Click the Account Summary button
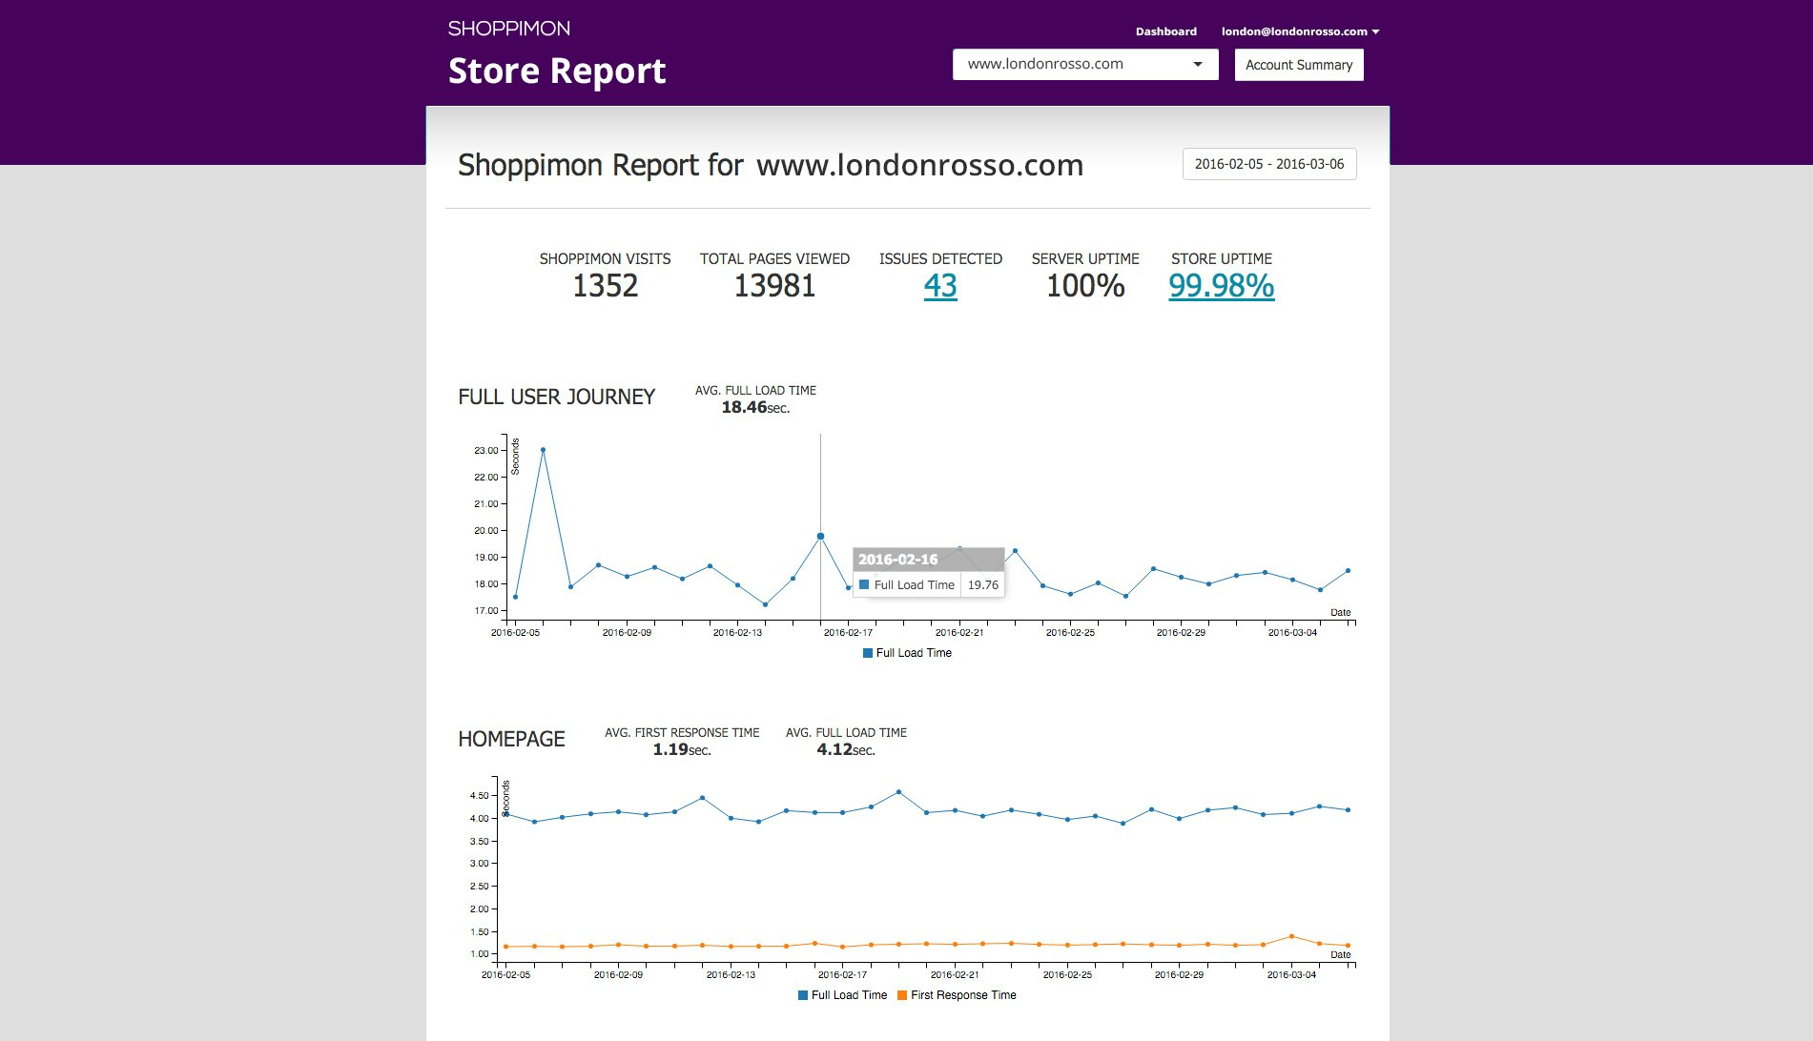pyautogui.click(x=1298, y=65)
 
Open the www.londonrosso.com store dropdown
pyautogui.click(x=1084, y=65)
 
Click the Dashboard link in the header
pyautogui.click(x=1165, y=31)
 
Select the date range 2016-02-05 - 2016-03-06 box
pyautogui.click(x=1268, y=164)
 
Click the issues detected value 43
pyautogui.click(x=940, y=286)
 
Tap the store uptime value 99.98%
pyautogui.click(x=1221, y=286)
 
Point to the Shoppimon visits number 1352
pyautogui.click(x=605, y=286)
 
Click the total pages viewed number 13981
pyautogui.click(x=774, y=286)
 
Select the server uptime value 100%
pyautogui.click(x=1085, y=286)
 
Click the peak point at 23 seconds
pyautogui.click(x=543, y=450)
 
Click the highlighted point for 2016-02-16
pyautogui.click(x=820, y=537)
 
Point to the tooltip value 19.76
pyautogui.click(x=982, y=585)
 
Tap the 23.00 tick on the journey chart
pyautogui.click(x=486, y=450)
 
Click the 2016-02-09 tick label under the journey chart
pyautogui.click(x=627, y=633)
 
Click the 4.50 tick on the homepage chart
pyautogui.click(x=480, y=796)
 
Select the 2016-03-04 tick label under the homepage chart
pyautogui.click(x=1291, y=975)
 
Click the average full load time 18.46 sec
pyautogui.click(x=755, y=408)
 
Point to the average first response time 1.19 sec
pyautogui.click(x=682, y=750)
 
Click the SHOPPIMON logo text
pyautogui.click(x=509, y=29)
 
